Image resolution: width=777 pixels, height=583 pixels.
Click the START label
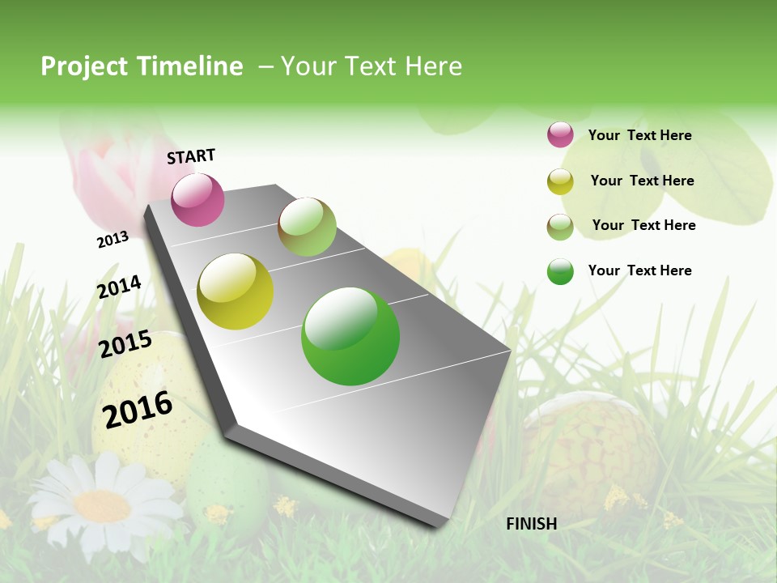pos(191,156)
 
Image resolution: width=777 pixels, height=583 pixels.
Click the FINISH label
pos(531,524)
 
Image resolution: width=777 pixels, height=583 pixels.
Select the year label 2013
pos(113,240)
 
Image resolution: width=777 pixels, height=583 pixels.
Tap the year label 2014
pos(119,287)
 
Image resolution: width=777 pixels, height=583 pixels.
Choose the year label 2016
pos(138,409)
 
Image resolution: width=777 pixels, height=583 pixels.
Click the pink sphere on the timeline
pos(197,199)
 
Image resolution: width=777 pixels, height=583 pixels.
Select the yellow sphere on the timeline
pos(235,291)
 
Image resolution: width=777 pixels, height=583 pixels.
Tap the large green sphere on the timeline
pos(350,336)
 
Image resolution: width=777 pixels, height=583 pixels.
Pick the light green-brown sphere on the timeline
pos(307,227)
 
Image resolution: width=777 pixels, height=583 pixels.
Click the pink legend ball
pos(560,134)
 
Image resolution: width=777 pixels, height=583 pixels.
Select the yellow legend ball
pos(560,181)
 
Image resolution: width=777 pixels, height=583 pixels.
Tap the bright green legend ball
pos(560,271)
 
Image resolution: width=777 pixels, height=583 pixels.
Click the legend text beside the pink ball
pos(639,135)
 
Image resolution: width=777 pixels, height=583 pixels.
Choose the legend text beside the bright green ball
pos(639,270)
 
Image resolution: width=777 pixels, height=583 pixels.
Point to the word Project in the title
pos(84,66)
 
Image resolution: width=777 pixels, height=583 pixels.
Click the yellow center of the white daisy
pos(102,506)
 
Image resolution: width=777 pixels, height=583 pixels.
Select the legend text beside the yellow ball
pos(642,181)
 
